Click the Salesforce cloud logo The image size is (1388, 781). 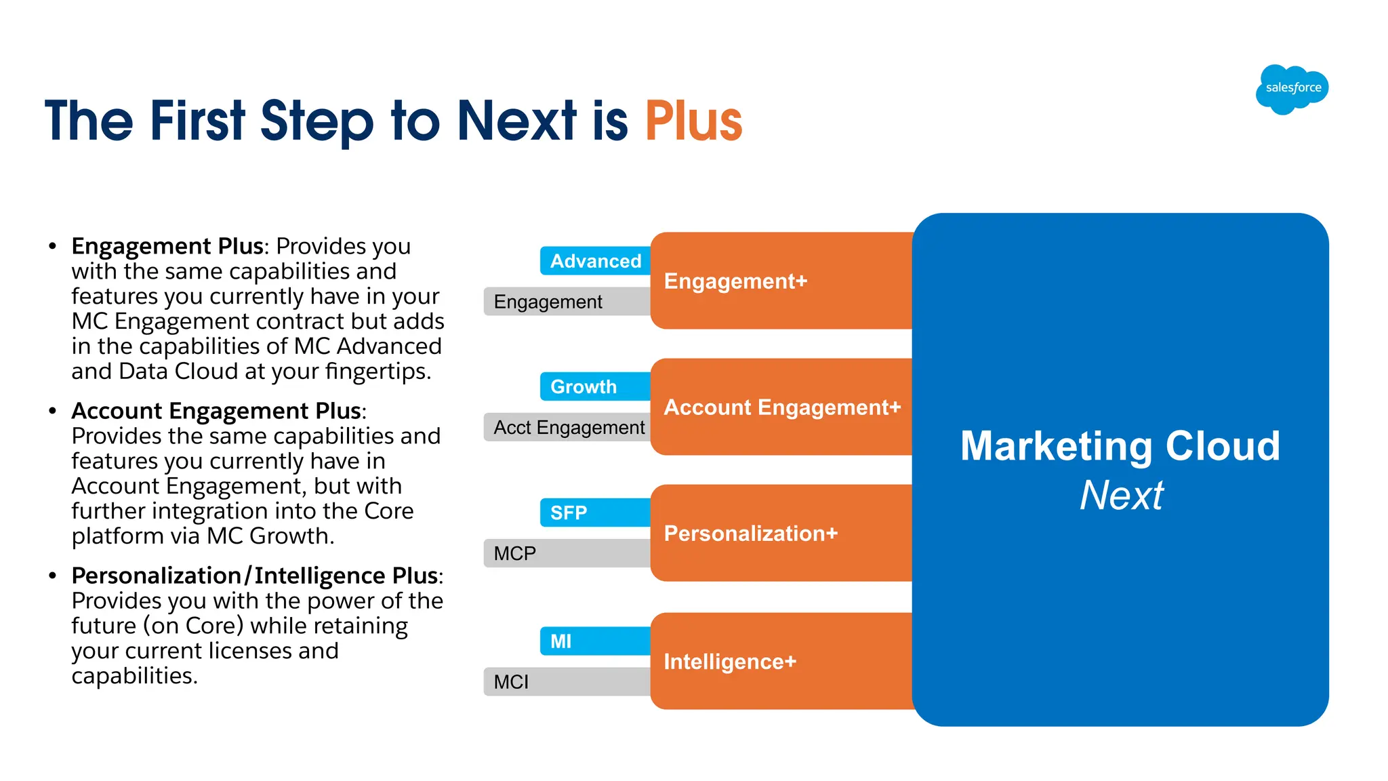tap(1292, 89)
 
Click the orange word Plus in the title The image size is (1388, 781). tap(693, 121)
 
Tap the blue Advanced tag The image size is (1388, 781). tap(595, 261)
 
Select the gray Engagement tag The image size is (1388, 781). tap(567, 302)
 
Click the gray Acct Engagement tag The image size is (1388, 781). tap(568, 428)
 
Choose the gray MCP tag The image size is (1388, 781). tap(567, 553)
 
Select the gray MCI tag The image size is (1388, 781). tap(567, 682)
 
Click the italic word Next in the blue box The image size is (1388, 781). tap(1121, 496)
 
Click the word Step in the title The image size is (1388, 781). tap(317, 121)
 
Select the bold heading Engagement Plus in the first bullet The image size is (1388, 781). tap(167, 246)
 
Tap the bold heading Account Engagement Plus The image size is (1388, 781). tap(216, 411)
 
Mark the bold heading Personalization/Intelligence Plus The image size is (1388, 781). tap(254, 576)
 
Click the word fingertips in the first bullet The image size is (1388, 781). tap(377, 372)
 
